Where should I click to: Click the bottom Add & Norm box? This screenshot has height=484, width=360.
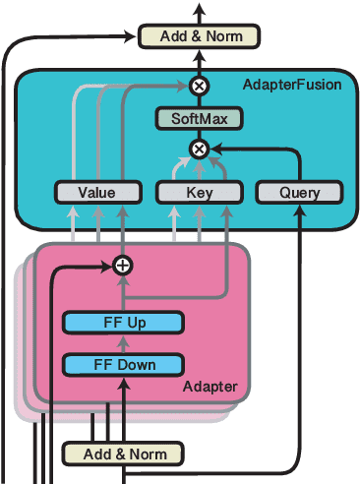pos(123,454)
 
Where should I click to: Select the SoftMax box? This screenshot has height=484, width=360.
pos(199,119)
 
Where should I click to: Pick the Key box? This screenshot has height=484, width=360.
pos(199,193)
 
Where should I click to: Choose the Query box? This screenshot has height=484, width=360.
pos(299,193)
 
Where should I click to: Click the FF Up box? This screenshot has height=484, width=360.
pos(123,322)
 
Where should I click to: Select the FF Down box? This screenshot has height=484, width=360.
pos(123,365)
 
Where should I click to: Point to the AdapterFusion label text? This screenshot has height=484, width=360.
pos(291,85)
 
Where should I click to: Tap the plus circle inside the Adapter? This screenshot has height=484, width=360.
pos(123,265)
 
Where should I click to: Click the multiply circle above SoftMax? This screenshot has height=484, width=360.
pos(199,86)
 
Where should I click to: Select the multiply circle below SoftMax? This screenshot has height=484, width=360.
pos(199,149)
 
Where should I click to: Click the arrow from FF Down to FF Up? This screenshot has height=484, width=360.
pos(123,343)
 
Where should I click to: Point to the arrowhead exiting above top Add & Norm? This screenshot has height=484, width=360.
pos(199,8)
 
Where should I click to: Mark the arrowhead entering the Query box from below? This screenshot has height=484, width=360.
pos(299,209)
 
